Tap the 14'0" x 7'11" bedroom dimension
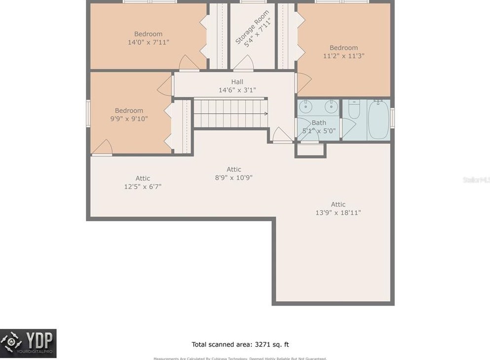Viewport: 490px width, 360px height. coord(149,42)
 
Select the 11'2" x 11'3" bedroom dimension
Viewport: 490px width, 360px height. coord(343,56)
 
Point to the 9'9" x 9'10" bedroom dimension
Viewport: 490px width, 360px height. coord(129,119)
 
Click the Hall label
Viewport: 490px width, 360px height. coord(237,81)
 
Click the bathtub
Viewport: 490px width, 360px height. coord(378,119)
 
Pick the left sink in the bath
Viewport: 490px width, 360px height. coord(306,106)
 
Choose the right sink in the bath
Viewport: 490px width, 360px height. coord(331,106)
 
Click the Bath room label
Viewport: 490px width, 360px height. coord(319,122)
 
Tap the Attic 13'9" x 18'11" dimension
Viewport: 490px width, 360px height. coord(338,213)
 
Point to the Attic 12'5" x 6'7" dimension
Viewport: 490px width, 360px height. coord(143,187)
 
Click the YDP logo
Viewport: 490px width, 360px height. coord(28,343)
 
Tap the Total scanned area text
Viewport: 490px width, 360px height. coord(244,344)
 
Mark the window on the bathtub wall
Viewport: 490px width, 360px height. coord(392,118)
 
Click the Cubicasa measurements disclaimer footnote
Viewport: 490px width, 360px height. coord(240,359)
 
